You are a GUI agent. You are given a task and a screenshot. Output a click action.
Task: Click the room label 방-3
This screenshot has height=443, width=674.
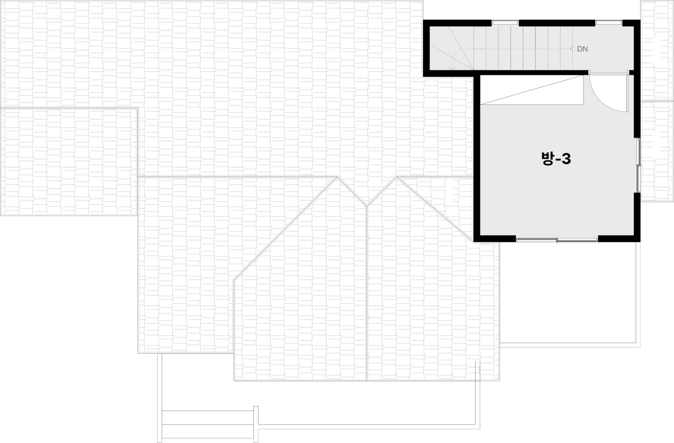(x=556, y=159)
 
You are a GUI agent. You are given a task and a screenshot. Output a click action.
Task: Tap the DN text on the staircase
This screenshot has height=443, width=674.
(x=582, y=49)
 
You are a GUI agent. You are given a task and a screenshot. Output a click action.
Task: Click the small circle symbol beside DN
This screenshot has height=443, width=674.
(x=572, y=49)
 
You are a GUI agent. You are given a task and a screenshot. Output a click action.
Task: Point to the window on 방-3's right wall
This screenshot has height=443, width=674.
(x=639, y=165)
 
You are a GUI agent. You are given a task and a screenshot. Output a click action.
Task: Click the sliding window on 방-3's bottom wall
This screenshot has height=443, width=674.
(x=557, y=240)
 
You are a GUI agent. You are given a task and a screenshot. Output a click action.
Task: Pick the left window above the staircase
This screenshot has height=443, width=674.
(x=505, y=22)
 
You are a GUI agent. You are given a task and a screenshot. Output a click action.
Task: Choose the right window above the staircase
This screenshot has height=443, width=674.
(x=609, y=22)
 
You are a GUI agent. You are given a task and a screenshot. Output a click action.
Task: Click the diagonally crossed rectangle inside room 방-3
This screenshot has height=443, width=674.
(x=532, y=90)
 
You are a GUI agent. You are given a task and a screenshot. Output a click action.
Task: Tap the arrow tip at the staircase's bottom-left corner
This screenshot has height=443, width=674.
(x=452, y=68)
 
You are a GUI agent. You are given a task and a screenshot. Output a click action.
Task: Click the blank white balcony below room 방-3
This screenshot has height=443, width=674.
(x=569, y=293)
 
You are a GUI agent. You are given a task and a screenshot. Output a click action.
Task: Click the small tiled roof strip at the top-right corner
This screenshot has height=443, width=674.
(x=657, y=50)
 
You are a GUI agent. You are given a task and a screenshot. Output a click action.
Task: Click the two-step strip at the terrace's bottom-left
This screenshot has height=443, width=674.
(x=208, y=424)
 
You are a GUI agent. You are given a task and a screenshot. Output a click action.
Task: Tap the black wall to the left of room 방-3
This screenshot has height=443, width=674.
(x=477, y=158)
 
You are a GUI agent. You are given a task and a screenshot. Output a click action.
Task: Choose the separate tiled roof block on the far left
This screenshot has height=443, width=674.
(x=69, y=161)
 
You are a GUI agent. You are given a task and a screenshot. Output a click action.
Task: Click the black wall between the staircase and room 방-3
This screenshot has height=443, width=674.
(x=532, y=73)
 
